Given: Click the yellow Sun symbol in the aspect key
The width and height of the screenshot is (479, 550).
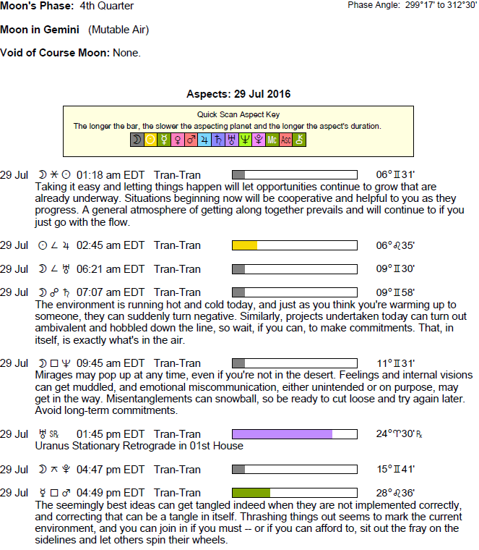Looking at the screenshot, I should tap(150, 140).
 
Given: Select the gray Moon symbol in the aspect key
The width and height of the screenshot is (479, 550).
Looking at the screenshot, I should tap(137, 140).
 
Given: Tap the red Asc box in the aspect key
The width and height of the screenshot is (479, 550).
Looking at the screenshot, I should tap(286, 140).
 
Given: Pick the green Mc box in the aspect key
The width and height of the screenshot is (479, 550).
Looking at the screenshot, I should tap(272, 140).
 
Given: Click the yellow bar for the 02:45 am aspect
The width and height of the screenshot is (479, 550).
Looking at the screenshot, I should tap(244, 245).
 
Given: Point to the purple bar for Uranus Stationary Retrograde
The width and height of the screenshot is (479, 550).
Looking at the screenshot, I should tap(282, 434).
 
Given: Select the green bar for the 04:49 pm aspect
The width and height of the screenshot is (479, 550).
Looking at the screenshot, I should tap(251, 492).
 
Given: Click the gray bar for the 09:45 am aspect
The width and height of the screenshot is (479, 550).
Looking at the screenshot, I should tap(238, 363).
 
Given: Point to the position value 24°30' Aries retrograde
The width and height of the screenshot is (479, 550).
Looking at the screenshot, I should tap(397, 434).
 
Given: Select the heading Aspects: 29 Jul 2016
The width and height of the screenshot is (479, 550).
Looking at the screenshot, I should tap(238, 95).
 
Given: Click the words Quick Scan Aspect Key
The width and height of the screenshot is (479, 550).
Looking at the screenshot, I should tap(238, 114).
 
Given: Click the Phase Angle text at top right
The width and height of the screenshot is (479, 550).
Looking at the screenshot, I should tap(413, 5).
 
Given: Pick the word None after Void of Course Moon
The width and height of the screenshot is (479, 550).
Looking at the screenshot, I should tap(127, 53).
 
